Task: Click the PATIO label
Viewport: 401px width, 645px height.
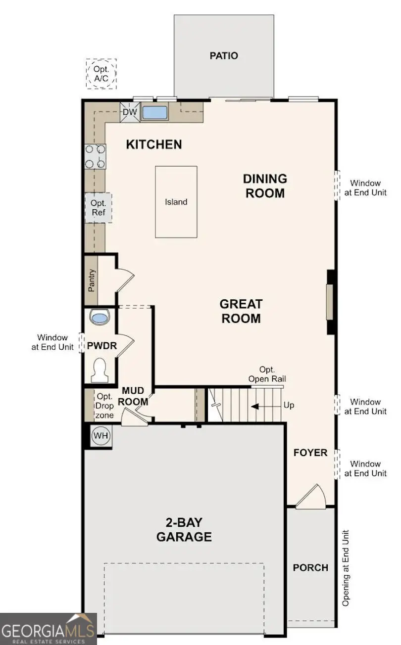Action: point(223,55)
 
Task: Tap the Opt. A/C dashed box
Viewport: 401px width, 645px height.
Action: point(101,74)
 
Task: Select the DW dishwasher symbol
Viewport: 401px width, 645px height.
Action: point(130,112)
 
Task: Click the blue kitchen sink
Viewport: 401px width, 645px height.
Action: point(155,112)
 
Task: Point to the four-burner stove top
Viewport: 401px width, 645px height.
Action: point(95,156)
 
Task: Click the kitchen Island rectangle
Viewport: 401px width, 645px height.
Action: point(176,202)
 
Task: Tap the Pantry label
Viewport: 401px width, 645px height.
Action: point(92,280)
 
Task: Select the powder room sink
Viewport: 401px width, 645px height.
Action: point(100,317)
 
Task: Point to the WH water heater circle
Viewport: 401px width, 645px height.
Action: point(101,436)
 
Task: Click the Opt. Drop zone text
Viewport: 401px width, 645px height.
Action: point(104,406)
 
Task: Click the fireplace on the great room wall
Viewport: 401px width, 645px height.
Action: point(330,302)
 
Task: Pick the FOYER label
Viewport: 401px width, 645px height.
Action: point(310,453)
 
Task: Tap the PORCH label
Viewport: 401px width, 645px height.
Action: point(310,567)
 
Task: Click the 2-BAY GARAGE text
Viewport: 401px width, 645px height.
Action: point(184,529)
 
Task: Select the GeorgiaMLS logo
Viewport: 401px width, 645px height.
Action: point(48,629)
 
